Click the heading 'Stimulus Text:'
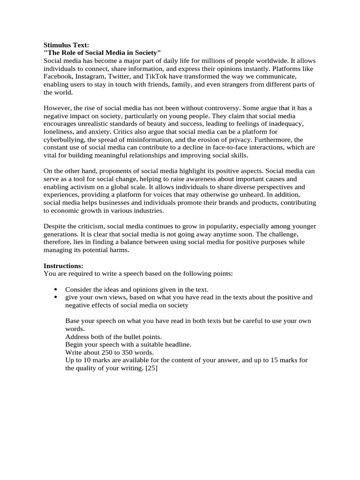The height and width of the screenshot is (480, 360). tap(66, 45)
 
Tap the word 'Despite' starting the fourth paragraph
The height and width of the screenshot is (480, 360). tap(54, 226)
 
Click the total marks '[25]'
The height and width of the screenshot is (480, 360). tap(151, 368)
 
